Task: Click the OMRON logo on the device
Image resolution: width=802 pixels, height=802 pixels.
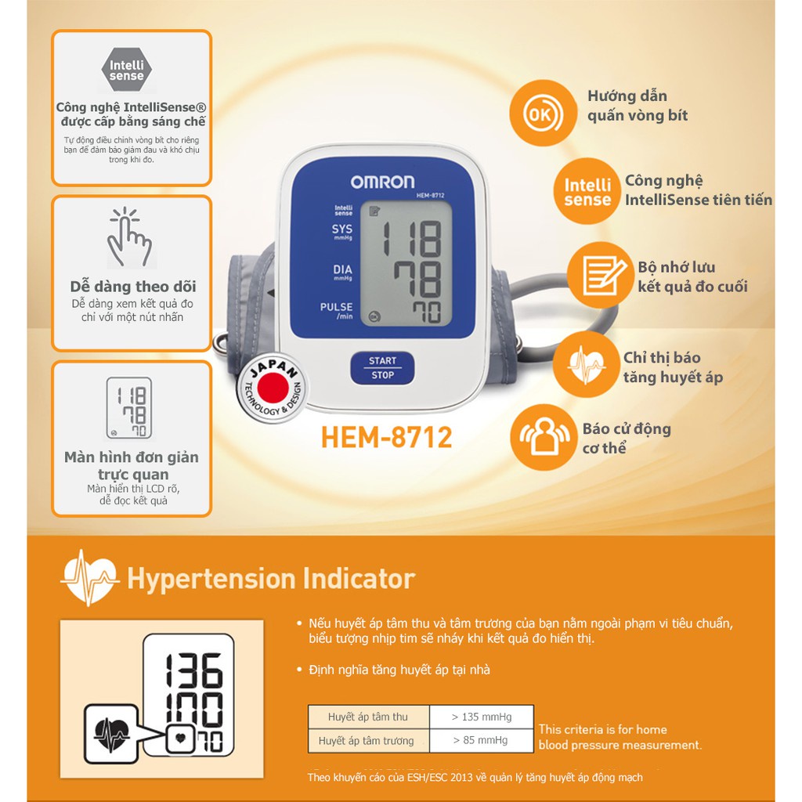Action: [382, 182]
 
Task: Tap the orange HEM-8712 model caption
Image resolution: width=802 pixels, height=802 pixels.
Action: [387, 438]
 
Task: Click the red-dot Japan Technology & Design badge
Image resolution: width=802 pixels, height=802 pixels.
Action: [273, 388]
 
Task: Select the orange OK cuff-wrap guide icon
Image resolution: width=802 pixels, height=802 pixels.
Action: [544, 113]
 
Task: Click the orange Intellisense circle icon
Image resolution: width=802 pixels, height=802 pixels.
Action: [587, 191]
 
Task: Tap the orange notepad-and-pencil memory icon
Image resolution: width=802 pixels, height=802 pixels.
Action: [601, 275]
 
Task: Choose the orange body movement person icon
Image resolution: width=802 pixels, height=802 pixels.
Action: [544, 437]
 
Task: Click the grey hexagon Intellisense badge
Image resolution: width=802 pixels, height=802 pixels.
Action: [126, 70]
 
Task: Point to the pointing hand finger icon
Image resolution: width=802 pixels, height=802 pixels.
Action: [129, 237]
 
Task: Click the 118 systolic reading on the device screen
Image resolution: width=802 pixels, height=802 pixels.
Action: [412, 238]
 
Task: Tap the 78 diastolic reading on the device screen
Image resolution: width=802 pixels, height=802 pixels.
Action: [418, 280]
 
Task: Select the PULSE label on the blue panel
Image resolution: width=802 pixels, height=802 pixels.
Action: [337, 307]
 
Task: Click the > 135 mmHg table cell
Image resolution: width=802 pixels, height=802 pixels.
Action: [482, 717]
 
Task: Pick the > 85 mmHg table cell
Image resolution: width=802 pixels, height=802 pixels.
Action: [482, 740]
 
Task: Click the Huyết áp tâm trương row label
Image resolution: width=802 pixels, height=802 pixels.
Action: [367, 741]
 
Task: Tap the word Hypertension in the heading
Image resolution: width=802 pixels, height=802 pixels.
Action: [211, 580]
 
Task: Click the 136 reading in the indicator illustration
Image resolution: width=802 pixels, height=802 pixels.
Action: [193, 670]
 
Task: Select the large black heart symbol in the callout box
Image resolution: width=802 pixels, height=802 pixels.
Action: [111, 735]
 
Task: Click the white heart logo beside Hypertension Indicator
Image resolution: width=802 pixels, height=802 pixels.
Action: [90, 578]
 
